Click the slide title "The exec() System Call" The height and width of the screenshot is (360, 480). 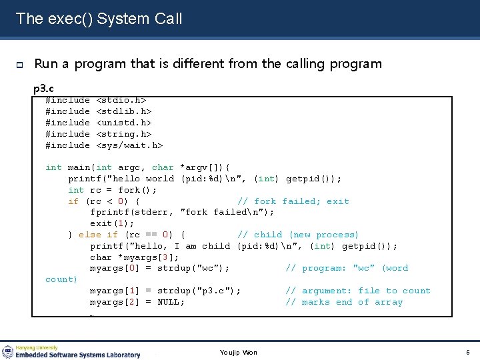[99, 19]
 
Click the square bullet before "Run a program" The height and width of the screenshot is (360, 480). [20, 65]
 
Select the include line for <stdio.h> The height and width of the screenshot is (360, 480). [95, 101]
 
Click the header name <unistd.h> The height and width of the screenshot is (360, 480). [124, 123]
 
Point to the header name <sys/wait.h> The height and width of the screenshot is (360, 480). [130, 145]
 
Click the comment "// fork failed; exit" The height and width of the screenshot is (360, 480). [293, 201]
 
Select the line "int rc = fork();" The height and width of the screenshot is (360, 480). [113, 190]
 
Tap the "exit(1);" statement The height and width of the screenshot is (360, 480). [112, 223]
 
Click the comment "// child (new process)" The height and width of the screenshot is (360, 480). [298, 235]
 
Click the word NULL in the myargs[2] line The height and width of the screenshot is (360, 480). [171, 303]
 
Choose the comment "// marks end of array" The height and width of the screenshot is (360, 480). [344, 303]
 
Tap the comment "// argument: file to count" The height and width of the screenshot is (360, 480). [358, 291]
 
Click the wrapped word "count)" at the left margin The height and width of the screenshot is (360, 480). [61, 280]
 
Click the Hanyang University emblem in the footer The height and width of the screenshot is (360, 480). [8, 351]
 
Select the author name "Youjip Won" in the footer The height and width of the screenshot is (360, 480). [238, 353]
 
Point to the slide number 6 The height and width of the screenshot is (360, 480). [468, 352]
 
